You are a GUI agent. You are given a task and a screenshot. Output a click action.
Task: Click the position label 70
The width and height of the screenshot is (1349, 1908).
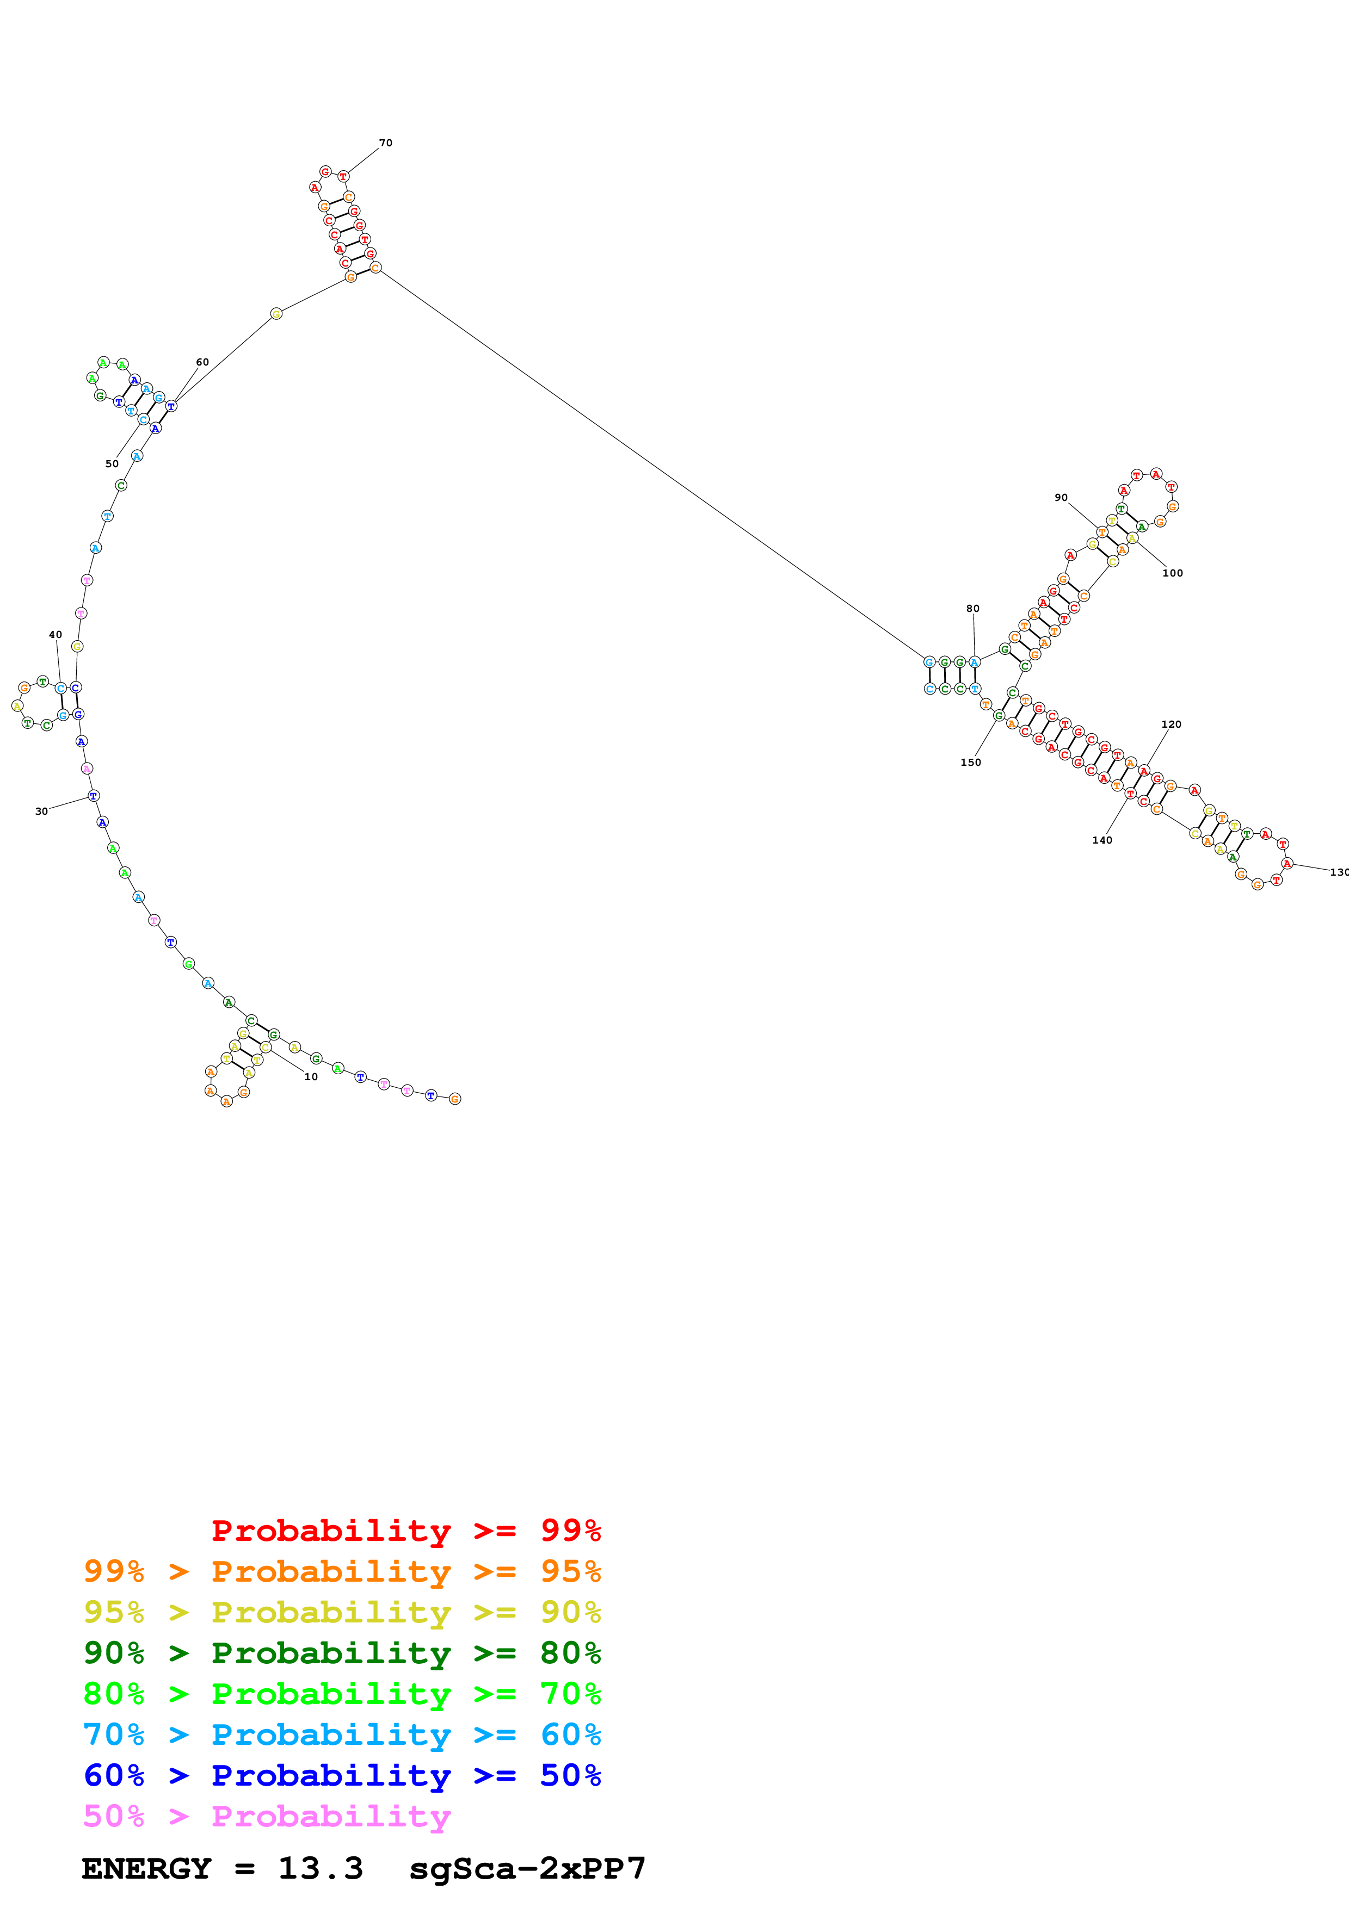point(386,143)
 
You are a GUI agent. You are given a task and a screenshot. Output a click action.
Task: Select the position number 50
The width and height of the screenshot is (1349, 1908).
point(112,464)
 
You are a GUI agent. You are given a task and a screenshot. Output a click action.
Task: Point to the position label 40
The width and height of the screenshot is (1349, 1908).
point(56,635)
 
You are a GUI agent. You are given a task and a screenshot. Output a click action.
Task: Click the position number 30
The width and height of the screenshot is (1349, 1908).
point(41,811)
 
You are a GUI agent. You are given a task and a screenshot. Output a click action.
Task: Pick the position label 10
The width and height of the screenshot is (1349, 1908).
point(311,1076)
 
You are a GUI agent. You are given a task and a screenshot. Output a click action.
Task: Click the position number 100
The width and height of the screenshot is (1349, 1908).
point(1173,573)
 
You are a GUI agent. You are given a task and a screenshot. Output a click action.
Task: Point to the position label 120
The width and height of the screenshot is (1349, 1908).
point(1171,724)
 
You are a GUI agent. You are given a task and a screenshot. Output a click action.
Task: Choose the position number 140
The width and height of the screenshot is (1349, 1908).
point(1102,840)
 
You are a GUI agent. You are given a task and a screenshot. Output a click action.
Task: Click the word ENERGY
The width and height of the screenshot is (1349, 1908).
point(146,1869)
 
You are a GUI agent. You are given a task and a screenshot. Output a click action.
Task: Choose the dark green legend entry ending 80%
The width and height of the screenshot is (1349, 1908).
point(342,1653)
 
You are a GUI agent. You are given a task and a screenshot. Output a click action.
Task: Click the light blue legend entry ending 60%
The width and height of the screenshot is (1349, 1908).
point(342,1734)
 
